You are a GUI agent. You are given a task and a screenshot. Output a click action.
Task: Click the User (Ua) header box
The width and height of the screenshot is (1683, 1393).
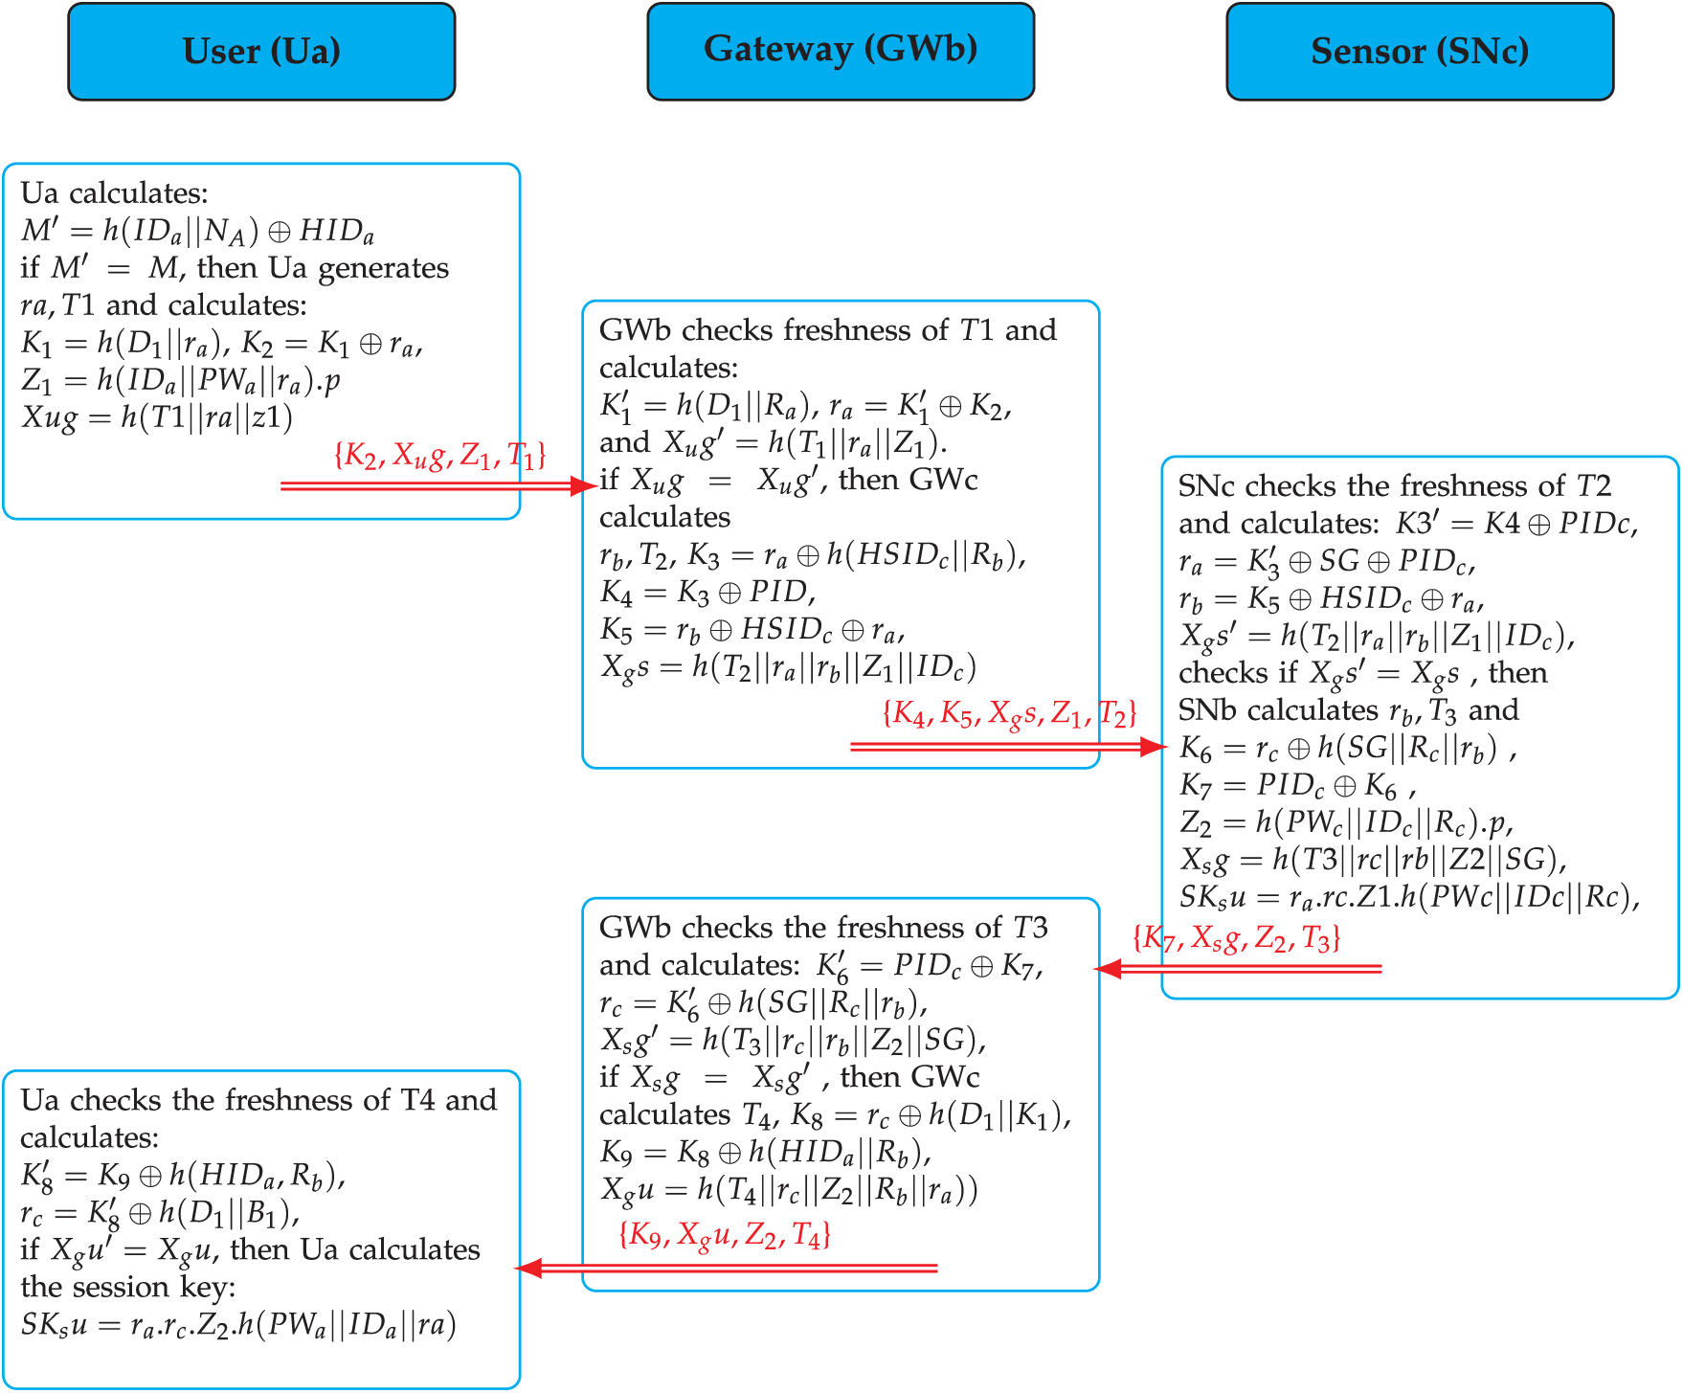261,52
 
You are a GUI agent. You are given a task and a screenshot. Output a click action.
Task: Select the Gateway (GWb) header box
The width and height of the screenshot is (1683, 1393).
841,52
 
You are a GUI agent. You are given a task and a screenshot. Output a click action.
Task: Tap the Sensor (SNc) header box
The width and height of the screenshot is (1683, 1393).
1420,52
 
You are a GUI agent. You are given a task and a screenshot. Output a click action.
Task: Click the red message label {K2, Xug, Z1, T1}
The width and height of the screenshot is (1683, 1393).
439,456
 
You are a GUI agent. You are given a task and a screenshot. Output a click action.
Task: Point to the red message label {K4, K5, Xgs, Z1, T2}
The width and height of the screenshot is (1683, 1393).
1009,713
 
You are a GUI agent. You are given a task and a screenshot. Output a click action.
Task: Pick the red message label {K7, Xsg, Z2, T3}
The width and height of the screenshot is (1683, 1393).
1236,939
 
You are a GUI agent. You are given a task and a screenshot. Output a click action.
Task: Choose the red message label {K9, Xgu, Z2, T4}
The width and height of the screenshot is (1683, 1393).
725,1236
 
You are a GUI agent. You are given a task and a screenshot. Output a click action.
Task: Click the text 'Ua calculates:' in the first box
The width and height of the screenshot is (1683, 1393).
115,193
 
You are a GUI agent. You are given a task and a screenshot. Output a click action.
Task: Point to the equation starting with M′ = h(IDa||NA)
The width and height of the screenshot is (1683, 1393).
197,231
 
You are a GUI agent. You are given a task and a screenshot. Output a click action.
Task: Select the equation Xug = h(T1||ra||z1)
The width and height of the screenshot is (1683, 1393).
157,418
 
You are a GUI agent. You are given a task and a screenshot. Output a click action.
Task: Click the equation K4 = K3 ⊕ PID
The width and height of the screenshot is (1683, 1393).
707,593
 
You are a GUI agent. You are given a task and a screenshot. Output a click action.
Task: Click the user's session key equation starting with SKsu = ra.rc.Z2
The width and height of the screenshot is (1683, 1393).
238,1325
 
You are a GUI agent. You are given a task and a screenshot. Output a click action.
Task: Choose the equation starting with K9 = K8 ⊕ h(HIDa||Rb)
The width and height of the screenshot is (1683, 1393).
766,1152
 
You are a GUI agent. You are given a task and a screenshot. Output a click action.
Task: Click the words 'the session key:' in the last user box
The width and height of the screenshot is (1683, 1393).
128,1288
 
